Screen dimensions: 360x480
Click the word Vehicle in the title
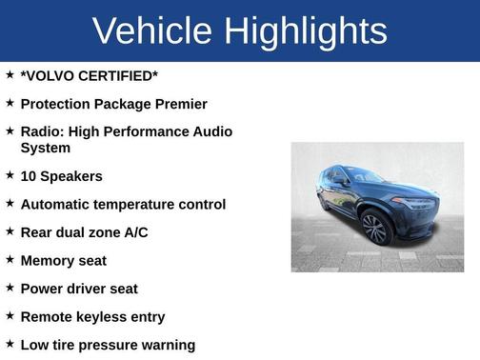(x=153, y=30)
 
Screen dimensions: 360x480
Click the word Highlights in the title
(x=306, y=30)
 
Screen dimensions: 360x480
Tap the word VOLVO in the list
(x=49, y=75)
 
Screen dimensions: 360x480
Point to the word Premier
(x=181, y=103)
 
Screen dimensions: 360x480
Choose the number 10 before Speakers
(x=29, y=176)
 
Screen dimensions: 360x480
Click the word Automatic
(x=58, y=204)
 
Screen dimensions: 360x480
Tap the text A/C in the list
(x=134, y=232)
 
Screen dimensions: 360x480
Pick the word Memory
(x=49, y=260)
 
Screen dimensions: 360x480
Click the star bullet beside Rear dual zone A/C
(x=10, y=231)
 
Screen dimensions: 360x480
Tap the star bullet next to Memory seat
(x=10, y=259)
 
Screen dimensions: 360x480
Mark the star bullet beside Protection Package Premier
(x=10, y=102)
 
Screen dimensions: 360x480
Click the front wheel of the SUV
(x=375, y=230)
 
